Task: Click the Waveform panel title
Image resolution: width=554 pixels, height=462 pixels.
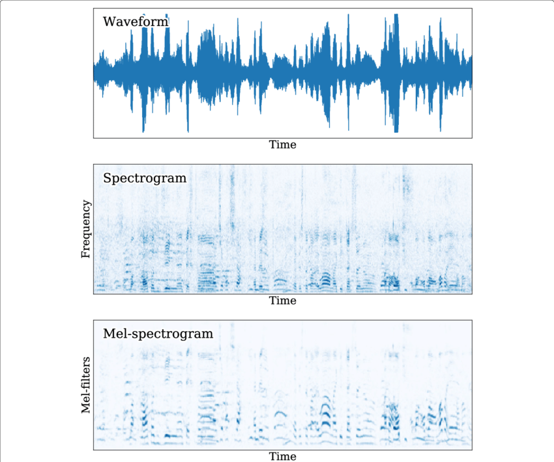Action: tap(136, 22)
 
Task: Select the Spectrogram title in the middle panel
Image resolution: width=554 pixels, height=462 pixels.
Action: tap(144, 178)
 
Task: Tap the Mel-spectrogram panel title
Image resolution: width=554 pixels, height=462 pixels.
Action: tap(158, 334)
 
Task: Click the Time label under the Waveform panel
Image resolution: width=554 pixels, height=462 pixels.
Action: tap(283, 144)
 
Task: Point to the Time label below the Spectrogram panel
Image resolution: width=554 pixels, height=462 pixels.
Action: tap(283, 301)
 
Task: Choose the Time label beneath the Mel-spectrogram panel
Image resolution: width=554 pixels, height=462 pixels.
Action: tap(283, 455)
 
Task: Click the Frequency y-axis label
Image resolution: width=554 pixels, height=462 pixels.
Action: tap(85, 229)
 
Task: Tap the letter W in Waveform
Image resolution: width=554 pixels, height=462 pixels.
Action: tap(109, 22)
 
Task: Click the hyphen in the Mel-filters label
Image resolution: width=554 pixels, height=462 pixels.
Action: tap(85, 393)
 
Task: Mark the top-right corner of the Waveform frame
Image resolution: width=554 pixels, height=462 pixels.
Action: tap(472, 8)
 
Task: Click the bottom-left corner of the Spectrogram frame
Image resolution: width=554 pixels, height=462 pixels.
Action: tap(93, 293)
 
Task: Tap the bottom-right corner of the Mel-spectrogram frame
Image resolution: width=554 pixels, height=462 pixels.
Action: tap(472, 450)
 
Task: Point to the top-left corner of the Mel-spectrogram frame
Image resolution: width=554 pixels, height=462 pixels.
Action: tap(93, 320)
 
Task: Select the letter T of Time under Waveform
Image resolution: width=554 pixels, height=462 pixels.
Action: tap(272, 144)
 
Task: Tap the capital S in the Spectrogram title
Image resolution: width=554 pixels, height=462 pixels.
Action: tap(107, 178)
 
